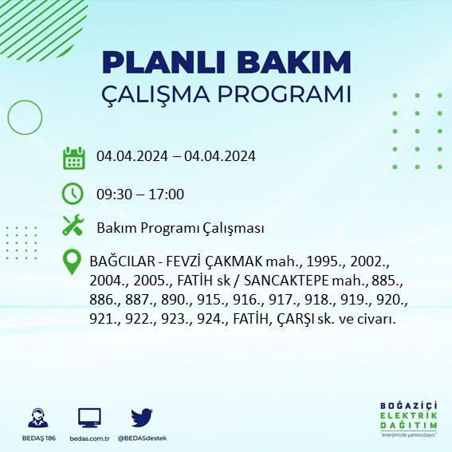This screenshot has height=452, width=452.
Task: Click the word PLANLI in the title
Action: click(163, 62)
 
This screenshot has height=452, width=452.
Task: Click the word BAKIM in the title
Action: click(293, 62)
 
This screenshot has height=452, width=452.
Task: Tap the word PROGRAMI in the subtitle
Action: click(284, 94)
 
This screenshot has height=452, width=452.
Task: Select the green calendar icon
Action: click(74, 158)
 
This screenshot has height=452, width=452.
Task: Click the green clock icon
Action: click(73, 194)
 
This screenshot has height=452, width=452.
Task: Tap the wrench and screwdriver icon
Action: click(73, 225)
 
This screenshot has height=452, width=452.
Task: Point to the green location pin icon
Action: click(72, 261)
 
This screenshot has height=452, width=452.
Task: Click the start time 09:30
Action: click(112, 195)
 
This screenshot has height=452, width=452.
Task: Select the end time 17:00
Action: click(167, 195)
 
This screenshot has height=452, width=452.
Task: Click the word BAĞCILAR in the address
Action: click(123, 261)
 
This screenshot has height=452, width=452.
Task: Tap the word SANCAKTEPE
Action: click(286, 281)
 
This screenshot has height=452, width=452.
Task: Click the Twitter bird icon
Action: click(142, 417)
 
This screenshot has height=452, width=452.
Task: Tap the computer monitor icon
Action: click(89, 418)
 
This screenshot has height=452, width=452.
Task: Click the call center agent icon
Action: click(38, 418)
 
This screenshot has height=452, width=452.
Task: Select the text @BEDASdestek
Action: click(142, 438)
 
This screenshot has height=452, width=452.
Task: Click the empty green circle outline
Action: click(8, 118)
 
